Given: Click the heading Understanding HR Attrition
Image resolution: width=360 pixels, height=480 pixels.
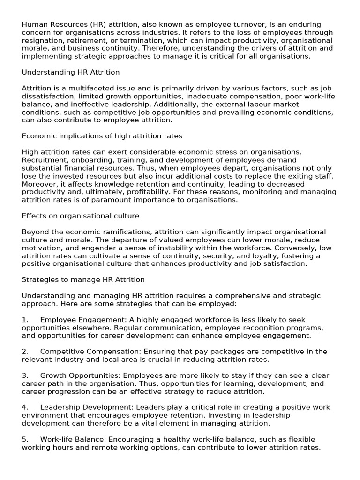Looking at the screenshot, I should pos(71,72).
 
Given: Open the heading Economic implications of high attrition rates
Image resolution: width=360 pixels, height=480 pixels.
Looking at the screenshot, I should pos(102,136).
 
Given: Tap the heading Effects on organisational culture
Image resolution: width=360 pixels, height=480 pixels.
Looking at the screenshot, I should pos(81,216).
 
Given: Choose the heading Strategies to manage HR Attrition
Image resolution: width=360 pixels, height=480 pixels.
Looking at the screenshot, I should pos(83,280).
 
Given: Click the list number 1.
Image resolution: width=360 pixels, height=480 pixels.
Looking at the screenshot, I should pos(25,320).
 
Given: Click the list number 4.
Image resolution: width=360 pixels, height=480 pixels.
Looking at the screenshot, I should pos(25,407).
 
